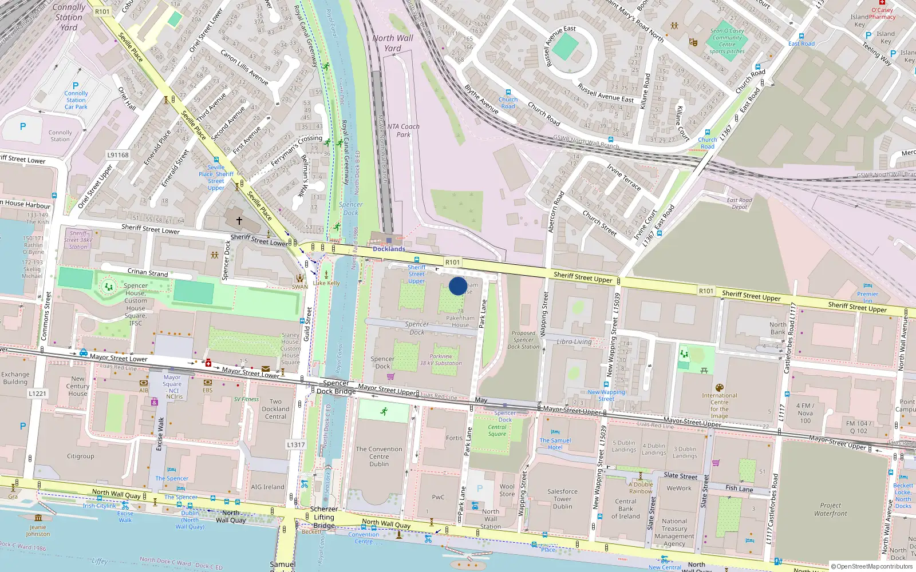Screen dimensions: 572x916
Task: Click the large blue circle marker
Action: tap(457, 286)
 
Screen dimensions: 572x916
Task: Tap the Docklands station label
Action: tap(389, 249)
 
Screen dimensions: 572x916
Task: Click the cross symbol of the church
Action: tap(239, 220)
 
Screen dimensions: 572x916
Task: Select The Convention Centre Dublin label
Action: tap(379, 456)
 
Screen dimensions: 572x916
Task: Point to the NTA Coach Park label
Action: tap(403, 130)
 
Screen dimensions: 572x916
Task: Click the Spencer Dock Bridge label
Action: tap(336, 387)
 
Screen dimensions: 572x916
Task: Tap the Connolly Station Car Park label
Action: tap(76, 100)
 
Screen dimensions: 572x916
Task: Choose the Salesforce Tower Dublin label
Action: tap(562, 499)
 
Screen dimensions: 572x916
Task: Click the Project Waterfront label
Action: tap(830, 510)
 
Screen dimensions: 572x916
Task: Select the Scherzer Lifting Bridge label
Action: tap(324, 517)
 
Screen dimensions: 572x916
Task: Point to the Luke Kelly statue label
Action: tap(326, 283)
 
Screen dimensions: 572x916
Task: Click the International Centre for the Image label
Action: tap(720, 406)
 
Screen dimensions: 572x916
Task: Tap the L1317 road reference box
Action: tap(296, 444)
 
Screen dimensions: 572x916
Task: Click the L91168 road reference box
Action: tap(118, 155)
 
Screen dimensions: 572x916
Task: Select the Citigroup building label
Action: tap(81, 456)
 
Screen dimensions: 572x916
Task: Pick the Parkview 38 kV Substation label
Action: tap(441, 360)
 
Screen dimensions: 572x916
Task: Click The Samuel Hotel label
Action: tap(555, 444)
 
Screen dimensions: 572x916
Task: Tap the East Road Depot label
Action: tap(739, 204)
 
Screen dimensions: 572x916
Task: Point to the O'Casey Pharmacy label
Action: tap(882, 13)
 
